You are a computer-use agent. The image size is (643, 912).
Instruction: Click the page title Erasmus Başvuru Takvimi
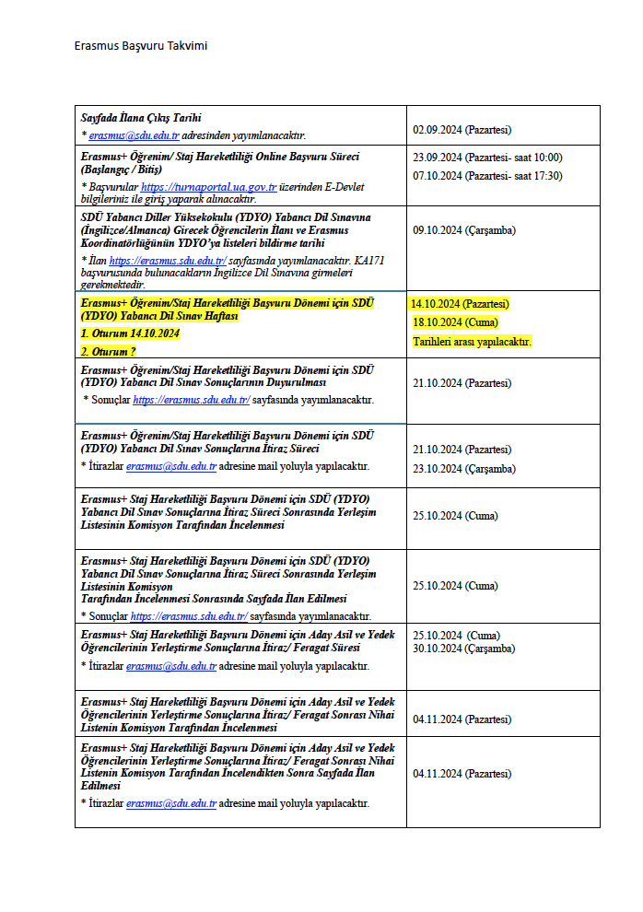pos(146,46)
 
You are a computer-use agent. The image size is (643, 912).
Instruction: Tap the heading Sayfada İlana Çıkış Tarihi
pos(141,118)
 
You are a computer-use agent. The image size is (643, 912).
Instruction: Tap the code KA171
pos(368,261)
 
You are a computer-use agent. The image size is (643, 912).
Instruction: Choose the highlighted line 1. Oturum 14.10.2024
pos(130,333)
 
